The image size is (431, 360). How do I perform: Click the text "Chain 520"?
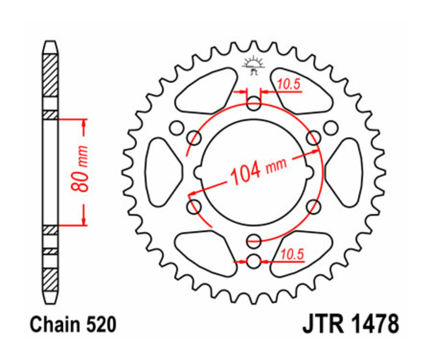click(73, 325)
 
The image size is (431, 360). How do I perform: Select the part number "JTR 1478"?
click(350, 324)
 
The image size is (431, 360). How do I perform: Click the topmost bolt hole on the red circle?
click(254, 101)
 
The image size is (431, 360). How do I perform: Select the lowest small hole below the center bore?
click(254, 261)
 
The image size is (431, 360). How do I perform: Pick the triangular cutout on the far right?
click(345, 171)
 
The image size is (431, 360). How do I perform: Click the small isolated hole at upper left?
click(177, 128)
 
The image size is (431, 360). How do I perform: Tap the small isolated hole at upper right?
click(329, 128)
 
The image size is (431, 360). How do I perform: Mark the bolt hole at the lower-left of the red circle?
click(194, 207)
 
